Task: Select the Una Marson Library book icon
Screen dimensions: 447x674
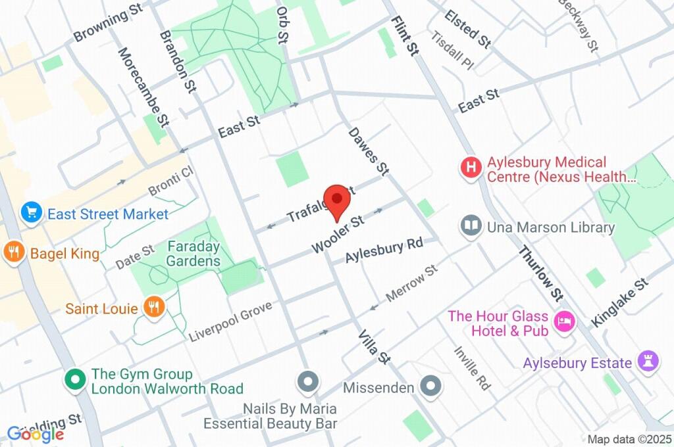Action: pos(471,226)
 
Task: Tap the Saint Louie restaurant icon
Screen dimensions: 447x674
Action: pos(154,307)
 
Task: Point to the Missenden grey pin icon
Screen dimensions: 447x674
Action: pos(431,385)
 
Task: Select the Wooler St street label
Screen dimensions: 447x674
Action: pos(338,233)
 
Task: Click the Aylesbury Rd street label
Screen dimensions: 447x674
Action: pos(384,250)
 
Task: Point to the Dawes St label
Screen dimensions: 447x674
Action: pos(369,151)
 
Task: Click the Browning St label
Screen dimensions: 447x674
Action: pos(109,26)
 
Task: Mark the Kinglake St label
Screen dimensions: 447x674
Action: pos(620,302)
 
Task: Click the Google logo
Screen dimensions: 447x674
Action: pos(36,433)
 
